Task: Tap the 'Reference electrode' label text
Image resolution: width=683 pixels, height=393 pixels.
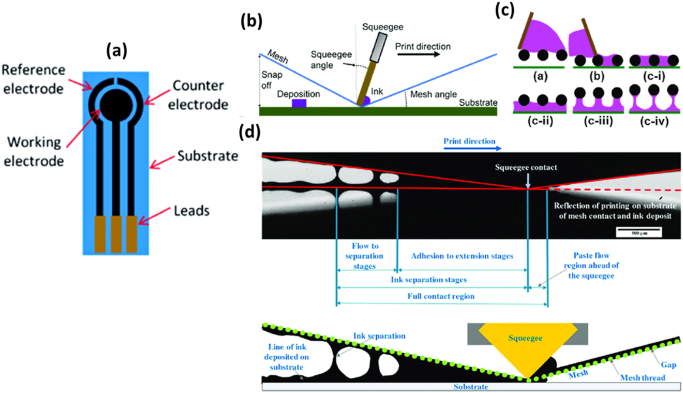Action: pos(33,79)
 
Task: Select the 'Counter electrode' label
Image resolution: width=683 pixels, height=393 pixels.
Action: pos(198,95)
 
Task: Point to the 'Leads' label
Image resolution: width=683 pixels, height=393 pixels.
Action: pos(192,211)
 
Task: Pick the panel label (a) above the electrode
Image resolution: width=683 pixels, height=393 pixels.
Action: pos(117,51)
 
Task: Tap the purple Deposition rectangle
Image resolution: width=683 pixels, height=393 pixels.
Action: pos(299,103)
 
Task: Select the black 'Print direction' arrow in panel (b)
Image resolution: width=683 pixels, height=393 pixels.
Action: pos(423,55)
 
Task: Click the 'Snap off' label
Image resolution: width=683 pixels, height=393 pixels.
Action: pos(271,80)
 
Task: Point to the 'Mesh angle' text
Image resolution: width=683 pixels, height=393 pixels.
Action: pos(433,94)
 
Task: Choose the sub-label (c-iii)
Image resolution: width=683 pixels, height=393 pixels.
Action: pos(598,121)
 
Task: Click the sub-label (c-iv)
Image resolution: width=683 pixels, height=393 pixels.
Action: pos(654,121)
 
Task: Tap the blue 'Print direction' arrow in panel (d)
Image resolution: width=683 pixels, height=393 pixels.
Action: pos(472,148)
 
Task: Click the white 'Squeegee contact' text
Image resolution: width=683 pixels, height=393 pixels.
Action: pos(526,167)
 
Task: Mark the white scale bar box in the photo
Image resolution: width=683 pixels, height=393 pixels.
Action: pos(639,233)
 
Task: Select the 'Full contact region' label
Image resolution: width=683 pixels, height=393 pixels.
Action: pos(441,296)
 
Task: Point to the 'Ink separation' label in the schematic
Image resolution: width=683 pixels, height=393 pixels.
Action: pos(379,336)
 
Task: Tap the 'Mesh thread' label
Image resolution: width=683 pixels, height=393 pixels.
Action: pos(643,377)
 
